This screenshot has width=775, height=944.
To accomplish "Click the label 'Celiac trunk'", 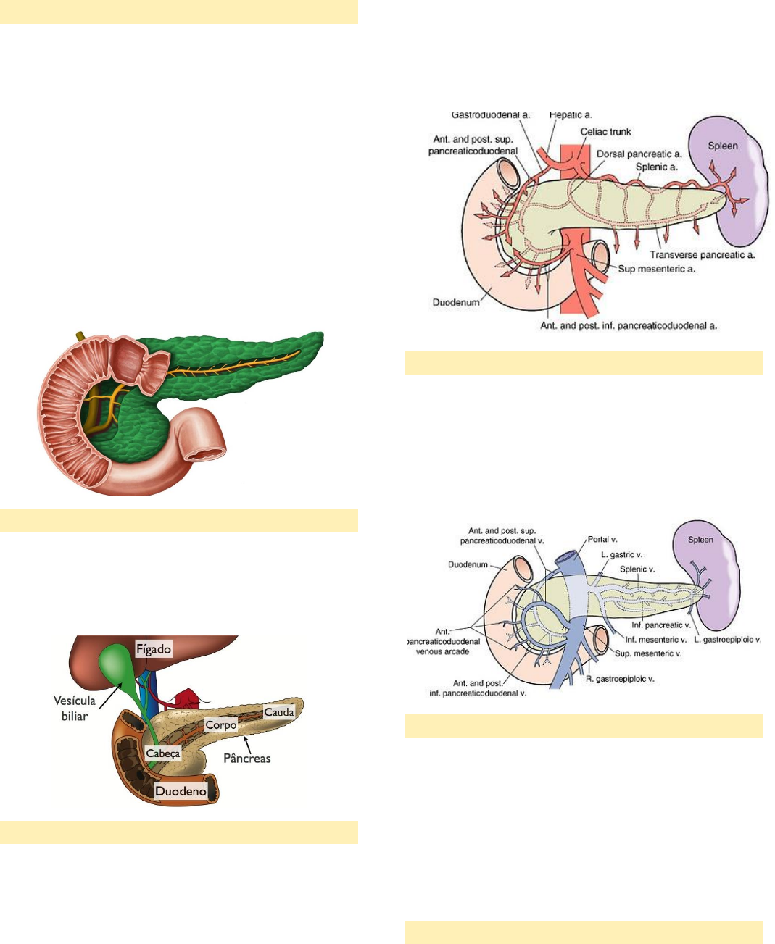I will click(605, 132).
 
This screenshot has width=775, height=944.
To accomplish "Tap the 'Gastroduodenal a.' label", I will click(490, 114).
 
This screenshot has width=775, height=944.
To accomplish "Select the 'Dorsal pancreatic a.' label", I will click(639, 154).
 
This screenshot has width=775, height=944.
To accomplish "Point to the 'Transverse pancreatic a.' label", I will click(702, 255).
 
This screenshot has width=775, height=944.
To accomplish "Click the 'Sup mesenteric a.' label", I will click(656, 269).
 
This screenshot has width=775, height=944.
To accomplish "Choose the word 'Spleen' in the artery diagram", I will click(723, 146).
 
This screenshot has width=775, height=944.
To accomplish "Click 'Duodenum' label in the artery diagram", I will click(456, 302).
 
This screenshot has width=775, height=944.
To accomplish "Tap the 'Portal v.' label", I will click(602, 540).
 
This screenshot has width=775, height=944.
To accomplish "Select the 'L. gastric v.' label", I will click(621, 555).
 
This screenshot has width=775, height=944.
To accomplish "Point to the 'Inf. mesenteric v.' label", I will click(655, 640).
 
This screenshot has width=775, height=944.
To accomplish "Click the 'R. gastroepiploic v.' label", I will click(621, 680).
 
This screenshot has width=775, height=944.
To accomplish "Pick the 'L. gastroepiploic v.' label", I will click(727, 640).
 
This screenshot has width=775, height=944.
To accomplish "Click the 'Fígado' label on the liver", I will click(154, 649).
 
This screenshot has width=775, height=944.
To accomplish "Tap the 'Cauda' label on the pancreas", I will click(279, 712).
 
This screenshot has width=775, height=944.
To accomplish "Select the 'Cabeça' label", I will click(162, 753).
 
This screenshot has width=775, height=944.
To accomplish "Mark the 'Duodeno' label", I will click(181, 791).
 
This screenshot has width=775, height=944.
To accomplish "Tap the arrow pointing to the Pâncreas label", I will click(248, 741).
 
